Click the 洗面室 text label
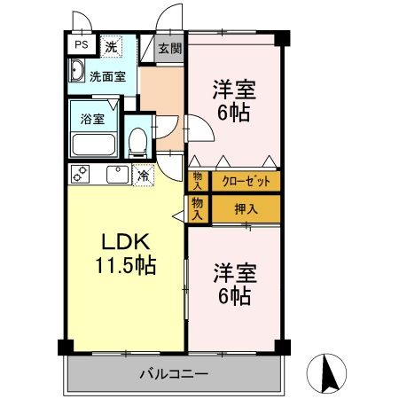click(x=107, y=76)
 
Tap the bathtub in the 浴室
click(x=92, y=145)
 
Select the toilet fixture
click(x=137, y=141)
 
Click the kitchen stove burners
click(x=81, y=175)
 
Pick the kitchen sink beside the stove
click(x=115, y=175)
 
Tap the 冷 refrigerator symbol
click(x=143, y=176)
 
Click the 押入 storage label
click(x=246, y=209)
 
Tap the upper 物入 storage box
click(x=197, y=181)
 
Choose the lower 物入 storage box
click(x=197, y=209)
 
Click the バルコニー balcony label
click(x=173, y=374)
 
